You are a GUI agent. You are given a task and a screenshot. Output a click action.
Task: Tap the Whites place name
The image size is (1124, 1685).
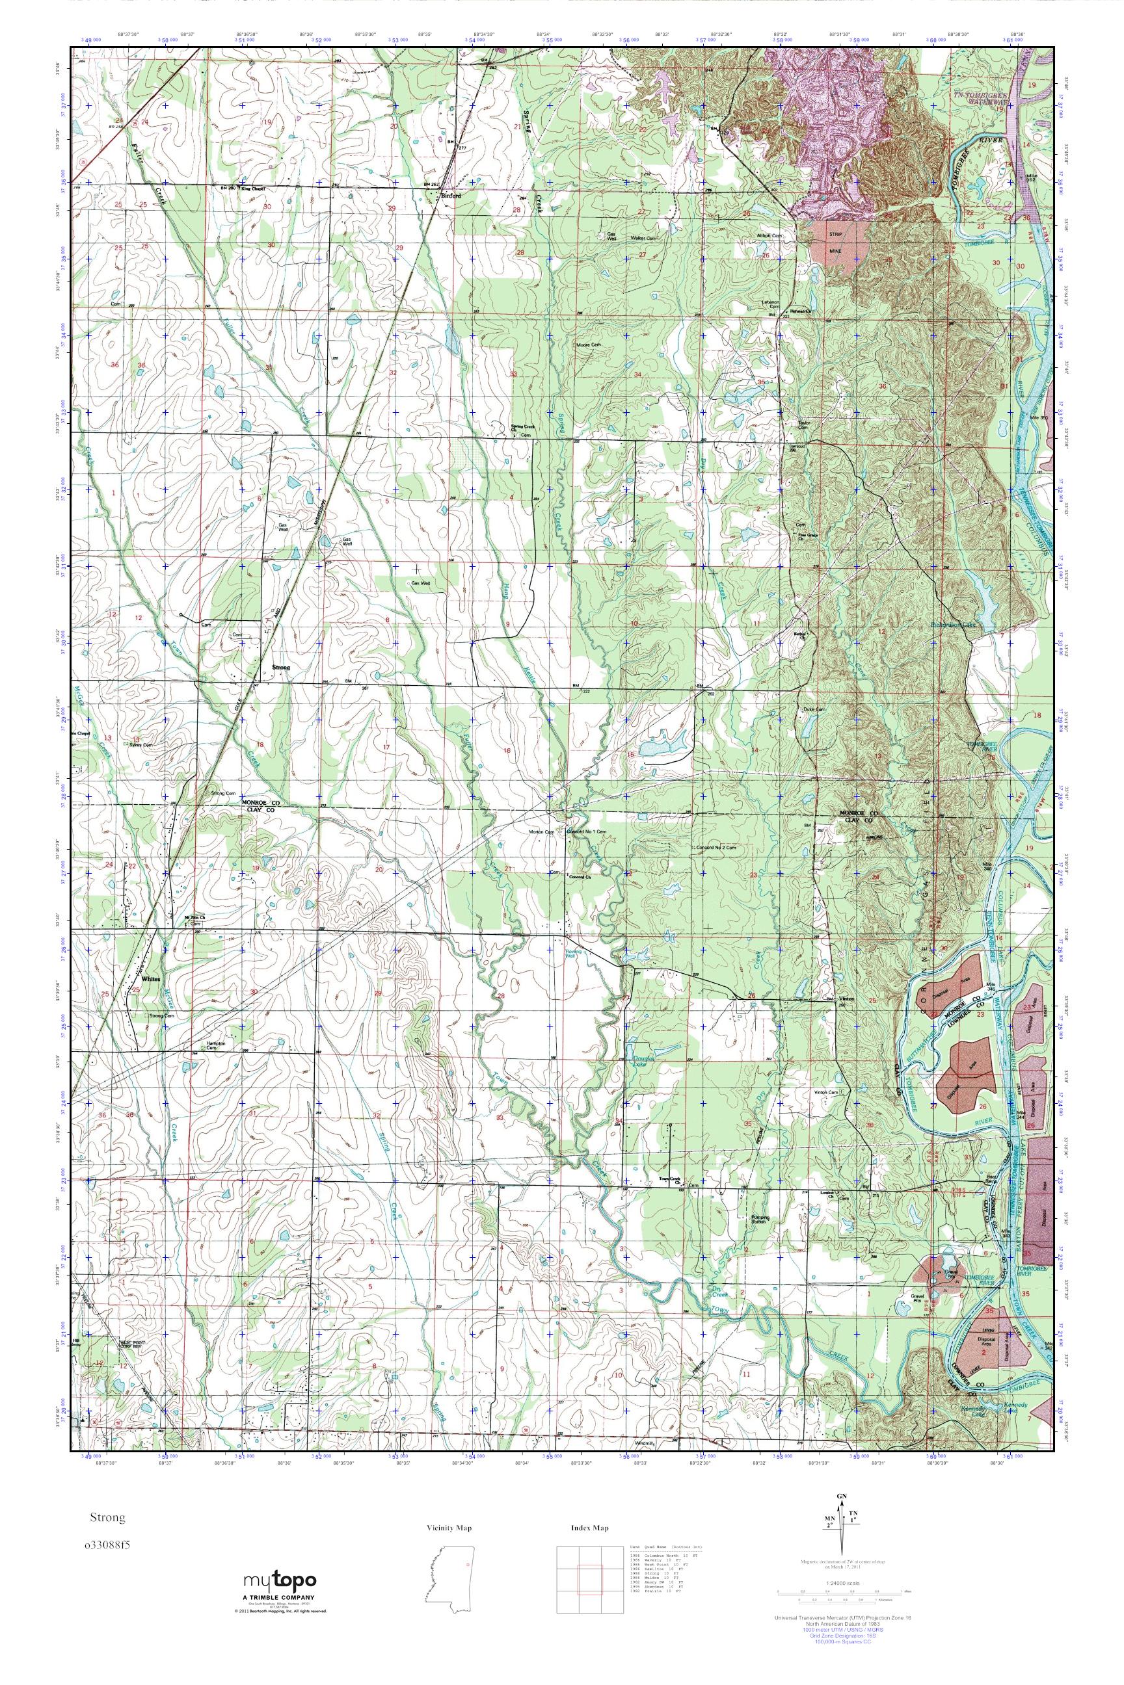click(x=150, y=978)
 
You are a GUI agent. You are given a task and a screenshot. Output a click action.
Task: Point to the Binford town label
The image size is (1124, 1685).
click(x=450, y=195)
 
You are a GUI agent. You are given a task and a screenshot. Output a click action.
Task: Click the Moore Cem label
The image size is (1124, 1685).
click(x=589, y=345)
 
